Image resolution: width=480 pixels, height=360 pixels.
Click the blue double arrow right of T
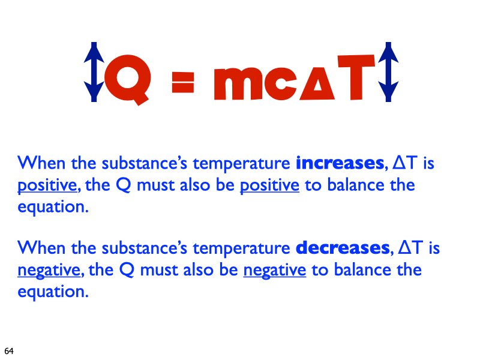point(388,71)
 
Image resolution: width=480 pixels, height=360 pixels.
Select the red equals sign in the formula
point(182,83)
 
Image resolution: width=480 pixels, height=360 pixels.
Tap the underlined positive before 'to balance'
point(269,185)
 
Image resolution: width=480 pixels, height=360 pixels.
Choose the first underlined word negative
point(50,271)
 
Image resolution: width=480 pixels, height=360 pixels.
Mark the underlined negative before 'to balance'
point(275,271)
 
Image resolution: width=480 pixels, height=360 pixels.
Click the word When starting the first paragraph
point(37,163)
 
